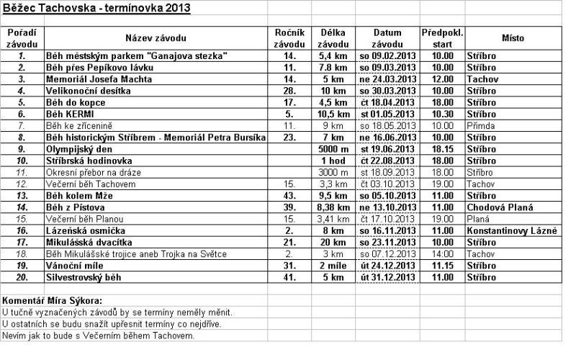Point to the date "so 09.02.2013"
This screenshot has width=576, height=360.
pyautogui.click(x=387, y=55)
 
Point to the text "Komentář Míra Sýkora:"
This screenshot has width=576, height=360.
pyautogui.click(x=52, y=300)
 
